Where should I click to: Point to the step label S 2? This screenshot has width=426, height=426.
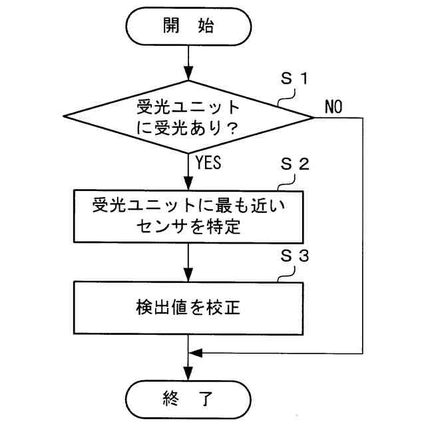coord(294,166)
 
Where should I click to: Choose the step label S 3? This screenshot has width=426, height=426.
coord(294,256)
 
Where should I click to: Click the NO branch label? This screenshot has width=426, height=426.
coord(333,107)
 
